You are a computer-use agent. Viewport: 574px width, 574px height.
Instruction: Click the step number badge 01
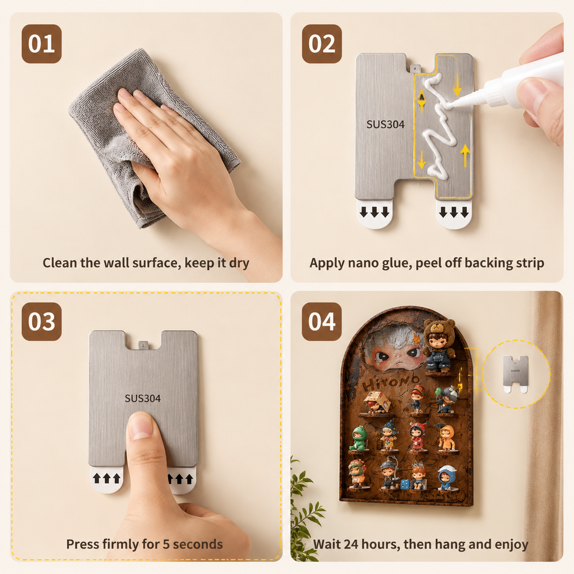41,44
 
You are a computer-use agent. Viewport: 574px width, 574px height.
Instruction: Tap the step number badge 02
322,44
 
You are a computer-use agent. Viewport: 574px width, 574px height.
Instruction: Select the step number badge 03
41,322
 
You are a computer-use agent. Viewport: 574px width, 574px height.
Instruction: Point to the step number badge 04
322,322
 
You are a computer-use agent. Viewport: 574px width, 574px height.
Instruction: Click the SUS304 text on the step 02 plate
386,125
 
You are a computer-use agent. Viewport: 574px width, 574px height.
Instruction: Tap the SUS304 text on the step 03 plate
143,399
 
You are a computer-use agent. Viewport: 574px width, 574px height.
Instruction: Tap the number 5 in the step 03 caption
166,544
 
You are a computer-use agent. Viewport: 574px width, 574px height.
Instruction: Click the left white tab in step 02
374,214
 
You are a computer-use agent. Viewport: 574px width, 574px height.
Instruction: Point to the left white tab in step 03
107,479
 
